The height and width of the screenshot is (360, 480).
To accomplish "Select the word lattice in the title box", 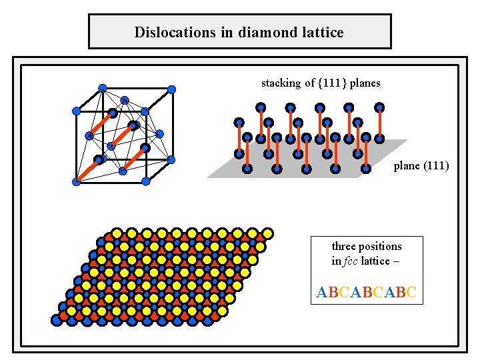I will click(321, 32).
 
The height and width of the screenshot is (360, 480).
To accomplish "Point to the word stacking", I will click(282, 83).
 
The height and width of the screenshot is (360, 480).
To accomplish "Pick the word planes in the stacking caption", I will click(365, 83).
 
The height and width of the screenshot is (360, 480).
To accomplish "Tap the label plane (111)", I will click(421, 165).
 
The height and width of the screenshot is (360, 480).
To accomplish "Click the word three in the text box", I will click(345, 246).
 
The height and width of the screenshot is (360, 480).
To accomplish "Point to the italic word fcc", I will click(350, 261).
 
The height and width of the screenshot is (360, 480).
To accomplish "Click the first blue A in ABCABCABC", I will click(322, 293).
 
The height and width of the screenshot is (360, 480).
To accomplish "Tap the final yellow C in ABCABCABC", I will click(411, 293).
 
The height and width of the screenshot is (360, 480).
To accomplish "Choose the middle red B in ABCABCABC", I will click(367, 293).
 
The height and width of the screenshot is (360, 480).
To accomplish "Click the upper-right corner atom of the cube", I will click(171, 89).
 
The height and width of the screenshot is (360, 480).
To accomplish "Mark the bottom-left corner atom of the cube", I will click(76, 181).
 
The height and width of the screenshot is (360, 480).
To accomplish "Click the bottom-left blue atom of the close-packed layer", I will click(57, 320).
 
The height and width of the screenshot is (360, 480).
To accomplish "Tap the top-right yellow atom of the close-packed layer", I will click(267, 234).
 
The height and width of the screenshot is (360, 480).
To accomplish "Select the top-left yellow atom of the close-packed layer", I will click(115, 234).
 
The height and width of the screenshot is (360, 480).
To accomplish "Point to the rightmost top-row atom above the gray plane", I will click(379, 106).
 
